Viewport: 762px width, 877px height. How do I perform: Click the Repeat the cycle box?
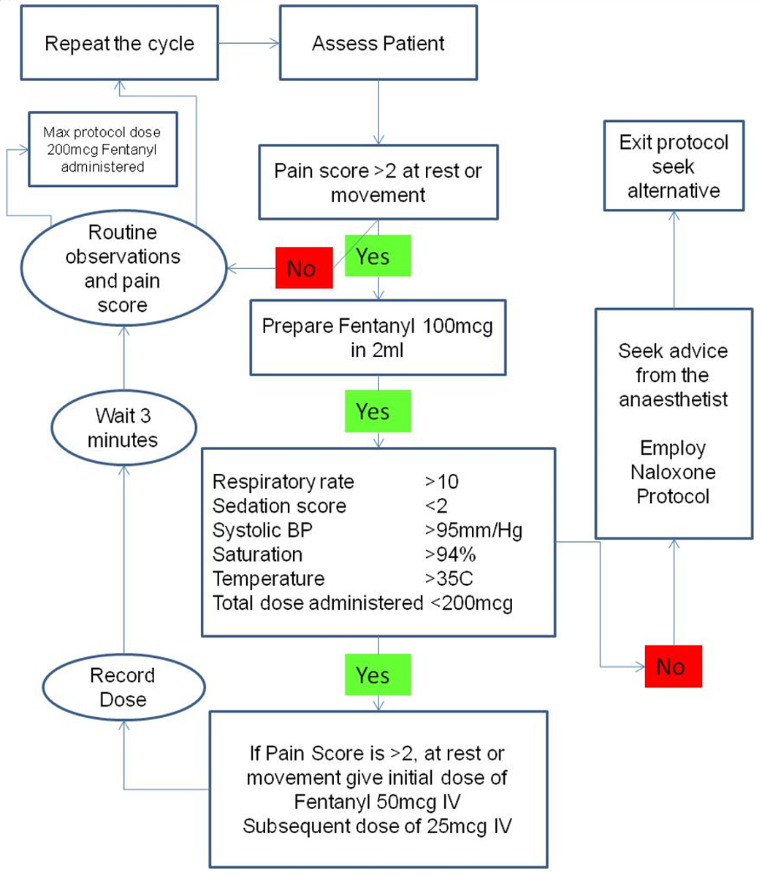pyautogui.click(x=119, y=43)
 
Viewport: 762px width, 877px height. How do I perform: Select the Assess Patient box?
pyautogui.click(x=378, y=43)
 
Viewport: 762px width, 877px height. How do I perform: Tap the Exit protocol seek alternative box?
pyautogui.click(x=674, y=166)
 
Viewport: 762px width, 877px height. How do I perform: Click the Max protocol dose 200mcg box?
pyautogui.click(x=102, y=149)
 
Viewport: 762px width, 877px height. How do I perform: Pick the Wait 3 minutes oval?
pyautogui.click(x=123, y=428)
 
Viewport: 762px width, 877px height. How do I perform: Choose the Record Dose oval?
pyautogui.click(x=123, y=687)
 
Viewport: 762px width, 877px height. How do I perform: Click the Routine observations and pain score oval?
pyautogui.click(x=123, y=269)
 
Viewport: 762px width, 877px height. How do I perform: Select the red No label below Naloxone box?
pyautogui.click(x=672, y=666)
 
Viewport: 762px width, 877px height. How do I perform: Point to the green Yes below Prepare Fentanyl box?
pyautogui.click(x=376, y=411)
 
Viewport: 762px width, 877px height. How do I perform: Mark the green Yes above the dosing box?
pyautogui.click(x=376, y=675)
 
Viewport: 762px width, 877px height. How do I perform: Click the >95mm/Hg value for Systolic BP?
pyautogui.click(x=473, y=530)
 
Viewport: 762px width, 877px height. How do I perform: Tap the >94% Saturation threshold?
pyautogui.click(x=450, y=554)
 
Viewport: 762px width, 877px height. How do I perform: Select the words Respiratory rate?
pyautogui.click(x=283, y=482)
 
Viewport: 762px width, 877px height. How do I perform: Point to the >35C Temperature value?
pyautogui.click(x=449, y=578)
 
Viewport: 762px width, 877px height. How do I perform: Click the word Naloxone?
pyautogui.click(x=673, y=472)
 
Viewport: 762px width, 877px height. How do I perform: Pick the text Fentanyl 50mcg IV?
pyautogui.click(x=377, y=802)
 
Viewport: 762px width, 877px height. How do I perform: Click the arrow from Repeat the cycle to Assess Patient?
pyautogui.click(x=248, y=43)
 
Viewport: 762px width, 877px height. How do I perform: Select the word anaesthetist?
pyautogui.click(x=673, y=399)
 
